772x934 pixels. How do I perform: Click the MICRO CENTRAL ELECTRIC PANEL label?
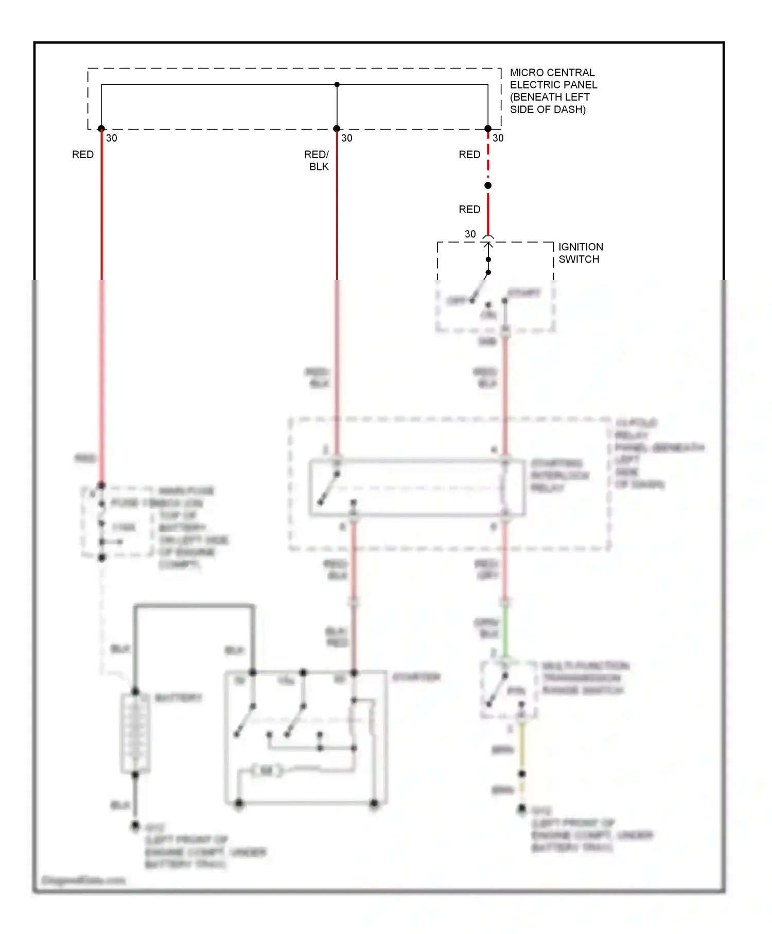(553, 91)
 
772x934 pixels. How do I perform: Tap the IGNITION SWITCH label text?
(580, 253)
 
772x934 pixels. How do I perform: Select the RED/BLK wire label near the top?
(317, 160)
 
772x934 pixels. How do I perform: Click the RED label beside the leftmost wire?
(83, 154)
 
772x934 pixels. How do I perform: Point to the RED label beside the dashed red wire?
(469, 154)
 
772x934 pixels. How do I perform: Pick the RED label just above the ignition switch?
(469, 209)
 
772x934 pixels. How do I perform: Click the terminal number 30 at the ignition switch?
(470, 234)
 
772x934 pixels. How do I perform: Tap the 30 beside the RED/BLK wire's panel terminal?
(347, 138)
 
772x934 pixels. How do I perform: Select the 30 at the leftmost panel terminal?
(112, 138)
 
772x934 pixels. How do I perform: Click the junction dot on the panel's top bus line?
(337, 84)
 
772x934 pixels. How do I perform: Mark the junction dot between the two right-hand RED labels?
(488, 185)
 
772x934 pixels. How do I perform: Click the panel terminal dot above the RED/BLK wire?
(337, 129)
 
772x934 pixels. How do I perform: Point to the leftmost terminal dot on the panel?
(101, 129)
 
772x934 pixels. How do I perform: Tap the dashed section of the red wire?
(488, 154)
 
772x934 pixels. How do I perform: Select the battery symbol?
(135, 733)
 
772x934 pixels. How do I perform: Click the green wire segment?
(505, 631)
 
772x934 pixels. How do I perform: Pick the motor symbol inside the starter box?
(267, 770)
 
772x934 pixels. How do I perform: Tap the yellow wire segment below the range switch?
(522, 747)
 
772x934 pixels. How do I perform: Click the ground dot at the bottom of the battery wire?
(135, 825)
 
